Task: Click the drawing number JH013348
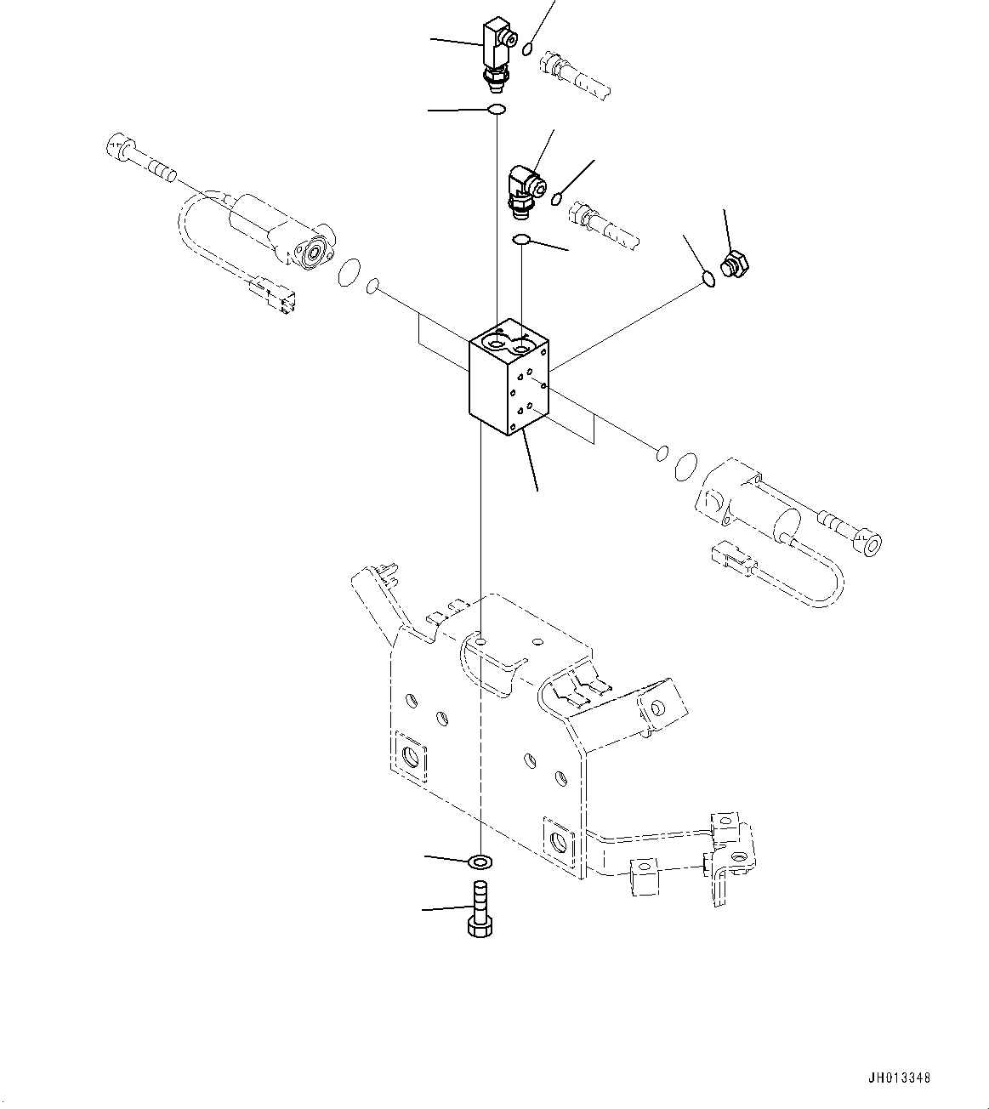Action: (x=901, y=1078)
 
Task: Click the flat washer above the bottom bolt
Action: (x=481, y=862)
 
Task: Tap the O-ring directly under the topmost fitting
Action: (x=496, y=109)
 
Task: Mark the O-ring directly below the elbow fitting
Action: (x=522, y=241)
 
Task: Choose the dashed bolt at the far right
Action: (x=850, y=530)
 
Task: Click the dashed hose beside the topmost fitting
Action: (x=576, y=74)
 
